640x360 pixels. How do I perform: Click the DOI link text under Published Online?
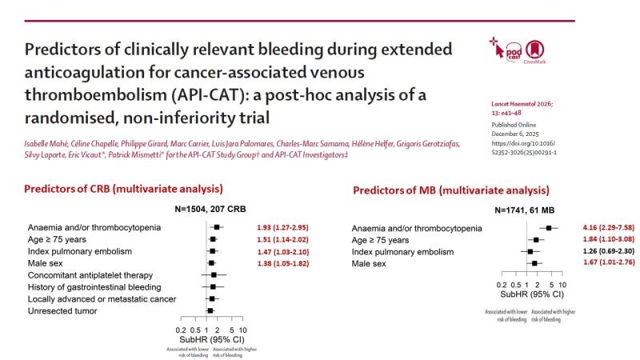tap(529, 144)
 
